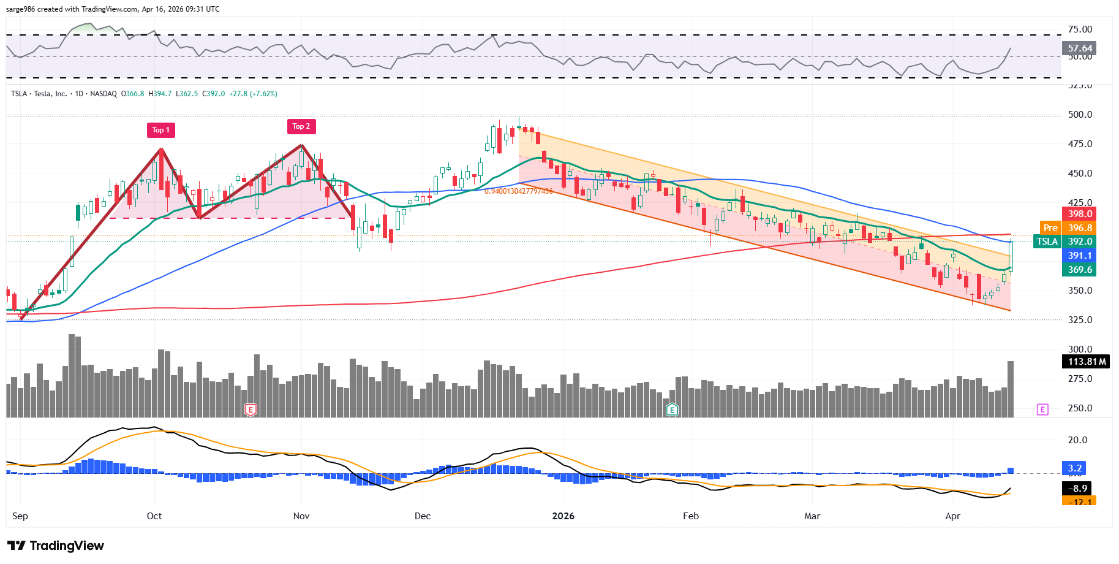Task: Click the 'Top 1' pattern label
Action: point(161,130)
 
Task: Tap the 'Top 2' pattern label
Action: point(301,126)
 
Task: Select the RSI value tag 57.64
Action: point(1079,48)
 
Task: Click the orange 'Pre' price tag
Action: point(1050,228)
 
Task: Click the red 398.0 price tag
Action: point(1079,214)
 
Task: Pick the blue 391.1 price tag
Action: point(1079,256)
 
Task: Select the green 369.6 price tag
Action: point(1079,270)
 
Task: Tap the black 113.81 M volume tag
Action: point(1087,362)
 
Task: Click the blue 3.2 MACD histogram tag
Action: point(1075,468)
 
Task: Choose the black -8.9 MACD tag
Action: point(1078,489)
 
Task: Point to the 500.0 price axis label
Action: point(1080,115)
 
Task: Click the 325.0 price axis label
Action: point(1080,320)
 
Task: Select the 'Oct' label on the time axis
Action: point(154,516)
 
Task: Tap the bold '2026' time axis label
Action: point(563,516)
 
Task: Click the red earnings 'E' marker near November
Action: point(250,410)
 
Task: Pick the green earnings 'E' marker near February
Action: point(672,410)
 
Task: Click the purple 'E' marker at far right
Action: point(1042,410)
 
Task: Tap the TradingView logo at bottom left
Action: point(56,546)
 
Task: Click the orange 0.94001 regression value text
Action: point(518,191)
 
